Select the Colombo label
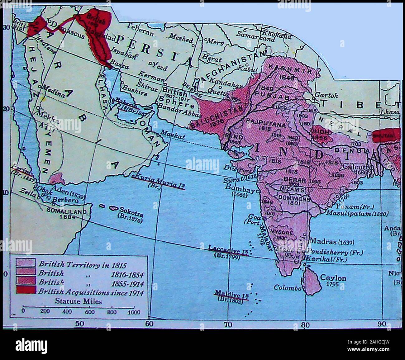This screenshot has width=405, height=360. click(287, 288)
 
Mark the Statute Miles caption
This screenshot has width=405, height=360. click(78, 301)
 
